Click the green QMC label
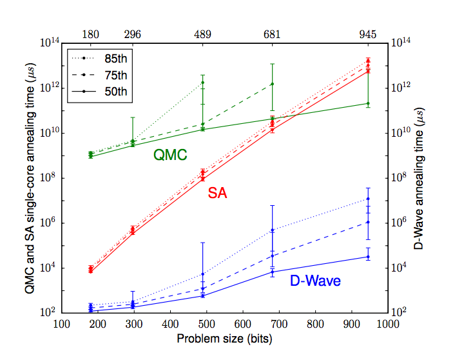coord(170,155)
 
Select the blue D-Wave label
coord(315,281)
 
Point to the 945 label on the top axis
coord(368,34)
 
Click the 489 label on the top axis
coord(203,34)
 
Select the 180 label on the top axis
coord(91,34)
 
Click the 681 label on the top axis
coord(272,34)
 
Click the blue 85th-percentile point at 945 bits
coord(368,199)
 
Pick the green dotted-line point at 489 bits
coord(203,83)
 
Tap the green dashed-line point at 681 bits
coord(272,84)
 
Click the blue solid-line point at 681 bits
coord(272,272)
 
